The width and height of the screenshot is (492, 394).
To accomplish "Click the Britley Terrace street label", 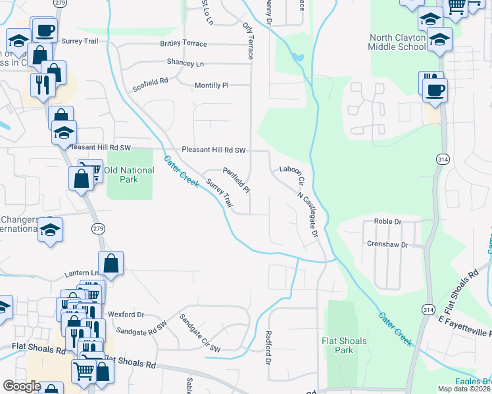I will pyautogui.click(x=184, y=44).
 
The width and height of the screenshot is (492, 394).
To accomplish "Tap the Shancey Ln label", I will pyautogui.click(x=185, y=64).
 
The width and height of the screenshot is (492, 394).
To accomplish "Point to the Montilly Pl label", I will pyautogui.click(x=211, y=85).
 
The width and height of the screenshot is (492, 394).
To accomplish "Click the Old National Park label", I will pyautogui.click(x=129, y=175).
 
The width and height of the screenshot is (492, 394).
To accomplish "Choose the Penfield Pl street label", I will pyautogui.click(x=236, y=179).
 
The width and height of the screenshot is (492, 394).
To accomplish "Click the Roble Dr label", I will pyautogui.click(x=387, y=222).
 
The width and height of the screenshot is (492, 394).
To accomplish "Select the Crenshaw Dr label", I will pyautogui.click(x=387, y=244).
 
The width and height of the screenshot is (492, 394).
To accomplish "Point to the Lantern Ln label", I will pyautogui.click(x=82, y=273).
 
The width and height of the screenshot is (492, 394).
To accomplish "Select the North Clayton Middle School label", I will pyautogui.click(x=398, y=43).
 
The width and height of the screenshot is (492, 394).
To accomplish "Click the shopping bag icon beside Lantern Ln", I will pyautogui.click(x=111, y=263).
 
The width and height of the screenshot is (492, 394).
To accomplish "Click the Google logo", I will pyautogui.click(x=22, y=386).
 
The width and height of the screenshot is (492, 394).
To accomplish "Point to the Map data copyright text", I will pyautogui.click(x=464, y=389).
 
